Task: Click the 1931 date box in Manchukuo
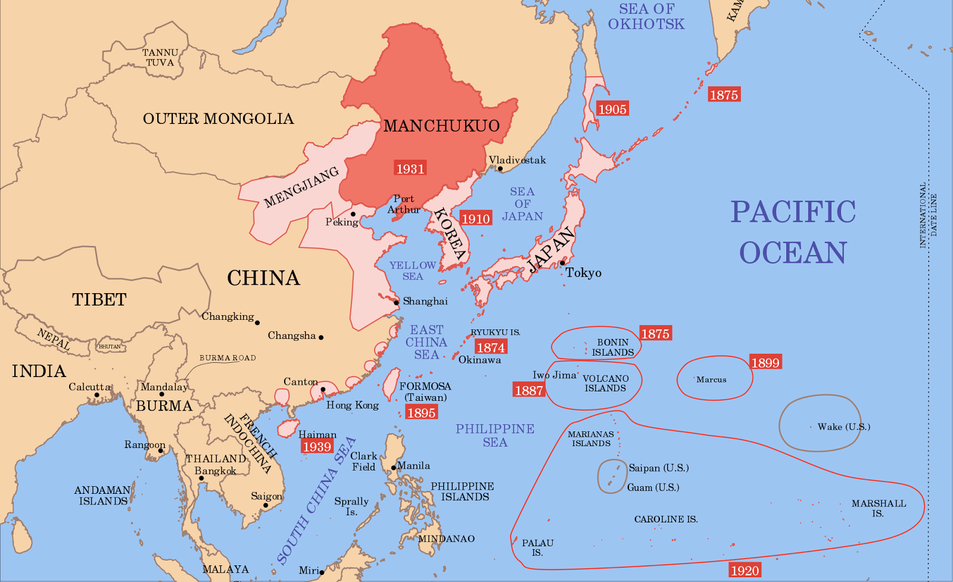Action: [410, 169]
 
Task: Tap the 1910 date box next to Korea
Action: [476, 219]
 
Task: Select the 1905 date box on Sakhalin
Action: [612, 109]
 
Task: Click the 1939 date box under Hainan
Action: [316, 447]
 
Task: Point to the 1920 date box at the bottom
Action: [745, 571]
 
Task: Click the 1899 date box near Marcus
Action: [765, 363]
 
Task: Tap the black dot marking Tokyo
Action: [562, 263]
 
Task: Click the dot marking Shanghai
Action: [396, 303]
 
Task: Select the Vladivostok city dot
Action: [500, 169]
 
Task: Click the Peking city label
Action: [342, 222]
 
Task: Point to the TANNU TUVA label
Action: [160, 58]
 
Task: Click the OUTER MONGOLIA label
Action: [218, 119]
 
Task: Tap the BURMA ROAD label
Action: [228, 358]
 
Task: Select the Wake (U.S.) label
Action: [843, 427]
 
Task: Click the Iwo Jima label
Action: [554, 375]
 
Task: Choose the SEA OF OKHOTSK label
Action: [646, 17]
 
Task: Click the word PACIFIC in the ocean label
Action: [793, 212]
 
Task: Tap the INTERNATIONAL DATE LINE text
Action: [928, 214]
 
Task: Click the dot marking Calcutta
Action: [97, 395]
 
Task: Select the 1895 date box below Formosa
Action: [421, 412]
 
